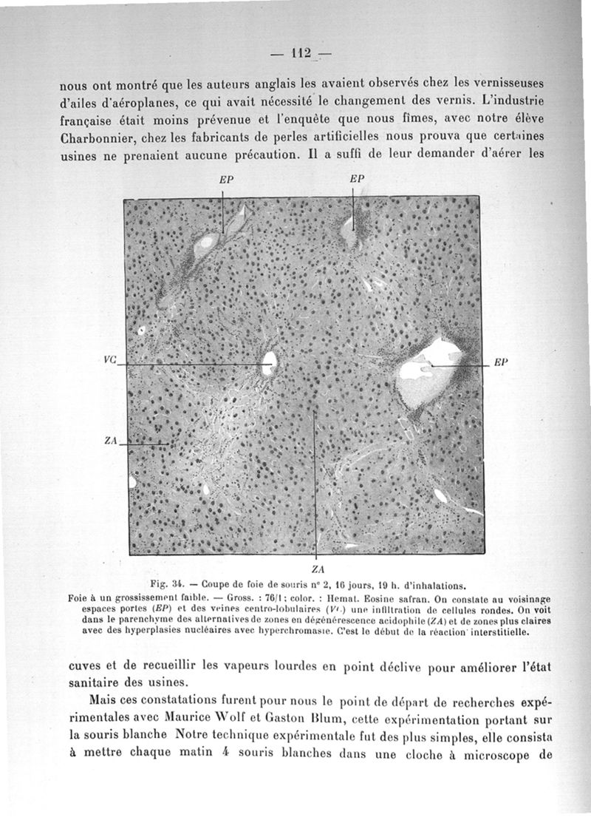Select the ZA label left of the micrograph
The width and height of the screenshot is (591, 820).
tap(112, 441)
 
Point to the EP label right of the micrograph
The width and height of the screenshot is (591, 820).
tap(499, 363)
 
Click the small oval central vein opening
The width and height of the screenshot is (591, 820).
tap(270, 362)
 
